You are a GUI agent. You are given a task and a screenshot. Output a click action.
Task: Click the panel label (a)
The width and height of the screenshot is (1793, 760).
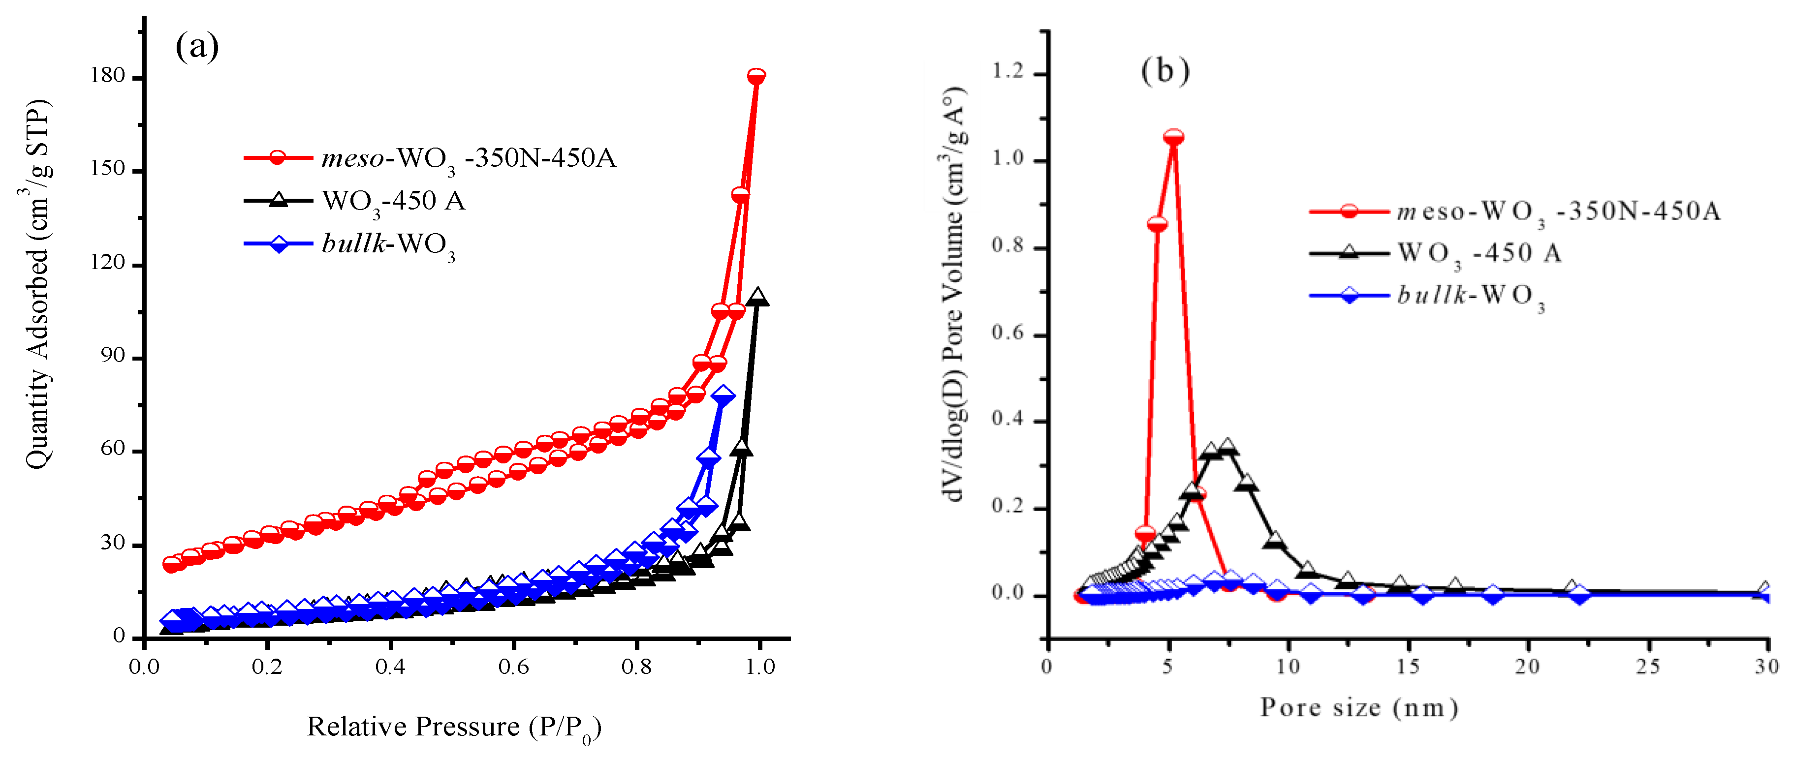tap(197, 47)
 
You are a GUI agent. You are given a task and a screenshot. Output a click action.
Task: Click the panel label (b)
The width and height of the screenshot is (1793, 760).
tap(1165, 71)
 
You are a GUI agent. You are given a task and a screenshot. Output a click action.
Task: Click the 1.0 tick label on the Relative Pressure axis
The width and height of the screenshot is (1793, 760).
tap(759, 667)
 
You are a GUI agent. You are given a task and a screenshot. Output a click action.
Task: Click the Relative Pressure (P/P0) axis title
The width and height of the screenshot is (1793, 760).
tap(454, 728)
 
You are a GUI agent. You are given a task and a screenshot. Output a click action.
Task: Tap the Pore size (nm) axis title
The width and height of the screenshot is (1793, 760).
tap(1359, 708)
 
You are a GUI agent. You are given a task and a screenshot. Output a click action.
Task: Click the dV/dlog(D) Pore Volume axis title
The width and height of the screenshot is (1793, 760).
tap(953, 294)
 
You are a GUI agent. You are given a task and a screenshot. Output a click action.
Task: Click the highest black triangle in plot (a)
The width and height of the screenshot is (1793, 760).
tap(758, 297)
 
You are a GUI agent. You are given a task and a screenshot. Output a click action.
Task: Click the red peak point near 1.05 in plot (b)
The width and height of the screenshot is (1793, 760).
tap(1173, 137)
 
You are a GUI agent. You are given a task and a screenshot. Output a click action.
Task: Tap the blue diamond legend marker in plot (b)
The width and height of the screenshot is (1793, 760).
tap(1349, 295)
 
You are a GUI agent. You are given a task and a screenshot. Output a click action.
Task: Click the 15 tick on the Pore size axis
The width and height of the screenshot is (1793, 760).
tap(1408, 667)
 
